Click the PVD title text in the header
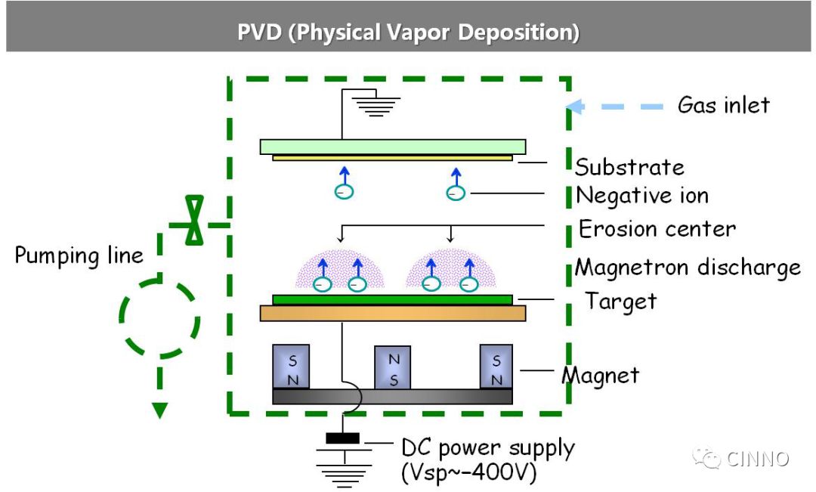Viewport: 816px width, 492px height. click(408, 32)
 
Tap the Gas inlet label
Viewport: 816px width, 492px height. click(723, 105)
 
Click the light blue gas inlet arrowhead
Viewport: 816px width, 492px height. click(574, 107)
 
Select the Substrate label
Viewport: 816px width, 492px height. click(629, 167)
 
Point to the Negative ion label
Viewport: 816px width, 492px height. click(642, 196)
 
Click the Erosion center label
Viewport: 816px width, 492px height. click(657, 228)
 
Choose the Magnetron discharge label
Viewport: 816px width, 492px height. click(688, 268)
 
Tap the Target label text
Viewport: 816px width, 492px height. click(620, 302)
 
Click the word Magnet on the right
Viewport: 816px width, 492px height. click(601, 376)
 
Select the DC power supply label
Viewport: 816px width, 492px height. click(487, 448)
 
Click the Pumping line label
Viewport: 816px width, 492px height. click(79, 255)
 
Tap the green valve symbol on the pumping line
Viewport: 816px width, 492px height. click(195, 220)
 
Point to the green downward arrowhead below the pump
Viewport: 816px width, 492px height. click(159, 410)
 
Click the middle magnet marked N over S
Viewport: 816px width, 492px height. click(392, 367)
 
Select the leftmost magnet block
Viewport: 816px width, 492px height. click(291, 367)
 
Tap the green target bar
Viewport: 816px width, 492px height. click(392, 300)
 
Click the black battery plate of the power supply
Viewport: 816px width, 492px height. click(342, 438)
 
